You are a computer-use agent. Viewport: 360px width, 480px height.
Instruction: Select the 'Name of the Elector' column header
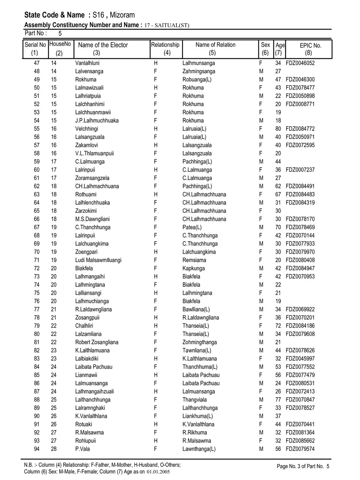(103, 45)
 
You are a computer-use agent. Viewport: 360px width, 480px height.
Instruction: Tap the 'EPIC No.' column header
(310, 46)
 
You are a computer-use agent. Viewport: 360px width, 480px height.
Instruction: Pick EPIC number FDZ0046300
(300, 80)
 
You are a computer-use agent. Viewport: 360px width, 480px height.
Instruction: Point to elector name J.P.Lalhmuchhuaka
(97, 120)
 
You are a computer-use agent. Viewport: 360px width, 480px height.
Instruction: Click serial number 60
(37, 170)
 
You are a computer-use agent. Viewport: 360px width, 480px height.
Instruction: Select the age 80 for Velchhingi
(278, 129)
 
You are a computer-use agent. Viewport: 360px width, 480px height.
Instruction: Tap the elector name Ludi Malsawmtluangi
(98, 260)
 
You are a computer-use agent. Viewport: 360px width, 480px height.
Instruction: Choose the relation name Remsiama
(194, 260)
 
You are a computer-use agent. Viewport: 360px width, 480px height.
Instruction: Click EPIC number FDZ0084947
(300, 268)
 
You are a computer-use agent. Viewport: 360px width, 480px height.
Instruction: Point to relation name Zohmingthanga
(200, 342)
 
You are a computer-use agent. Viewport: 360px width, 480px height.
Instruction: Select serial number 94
(37, 449)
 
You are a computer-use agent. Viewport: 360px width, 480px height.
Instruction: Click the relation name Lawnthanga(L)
(199, 449)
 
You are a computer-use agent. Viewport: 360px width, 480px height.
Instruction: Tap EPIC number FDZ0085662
(300, 441)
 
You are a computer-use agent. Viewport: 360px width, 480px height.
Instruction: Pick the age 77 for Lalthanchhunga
(278, 400)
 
